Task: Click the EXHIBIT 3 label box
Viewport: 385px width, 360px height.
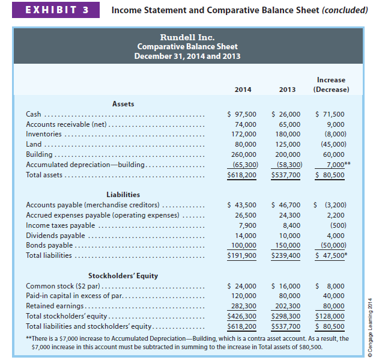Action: click(x=53, y=10)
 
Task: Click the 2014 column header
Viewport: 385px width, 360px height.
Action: click(x=242, y=90)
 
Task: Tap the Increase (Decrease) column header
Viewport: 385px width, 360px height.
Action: click(x=330, y=85)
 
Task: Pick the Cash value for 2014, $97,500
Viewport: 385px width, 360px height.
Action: click(x=241, y=114)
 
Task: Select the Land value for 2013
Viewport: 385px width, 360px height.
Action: click(x=287, y=144)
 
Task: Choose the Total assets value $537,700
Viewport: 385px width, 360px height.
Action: click(x=286, y=175)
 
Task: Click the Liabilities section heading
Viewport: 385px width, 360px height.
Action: click(x=123, y=194)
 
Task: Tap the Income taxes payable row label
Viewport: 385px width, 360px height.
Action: click(x=60, y=225)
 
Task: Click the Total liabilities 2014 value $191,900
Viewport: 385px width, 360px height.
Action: click(x=241, y=255)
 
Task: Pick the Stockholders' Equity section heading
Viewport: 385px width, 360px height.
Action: click(x=123, y=275)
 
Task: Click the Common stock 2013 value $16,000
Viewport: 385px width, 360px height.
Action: click(x=286, y=286)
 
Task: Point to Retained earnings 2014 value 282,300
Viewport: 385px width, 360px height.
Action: click(x=244, y=306)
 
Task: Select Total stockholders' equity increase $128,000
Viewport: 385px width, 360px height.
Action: click(x=330, y=316)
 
